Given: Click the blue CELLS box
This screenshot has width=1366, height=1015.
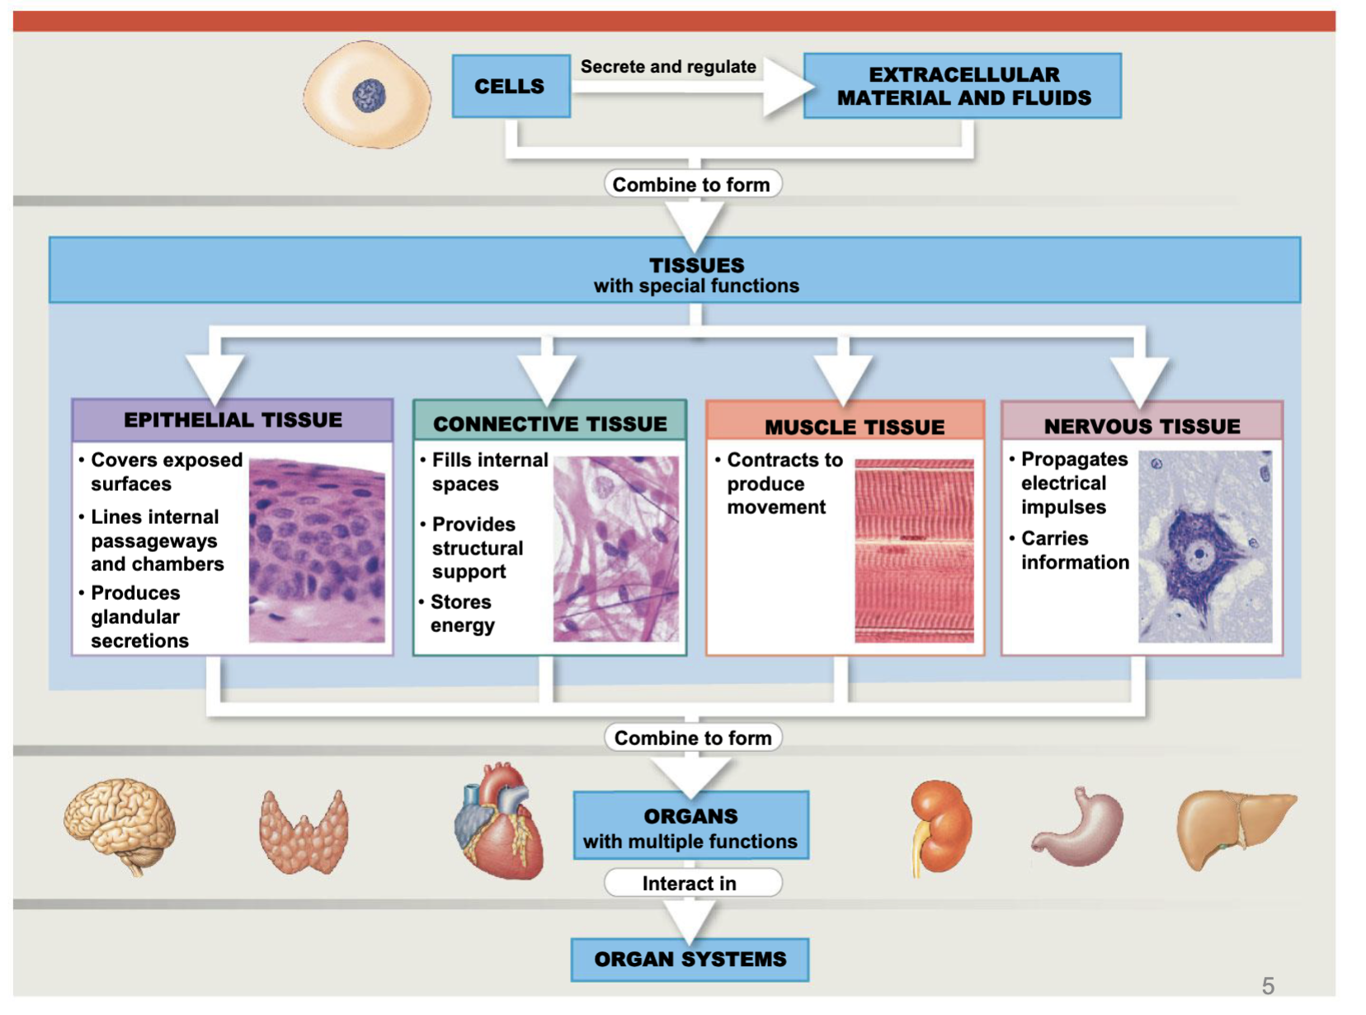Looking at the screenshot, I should (511, 86).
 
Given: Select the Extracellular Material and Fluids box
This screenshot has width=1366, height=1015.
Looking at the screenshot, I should (962, 86).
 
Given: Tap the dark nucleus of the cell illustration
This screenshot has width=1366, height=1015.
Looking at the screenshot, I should (369, 96).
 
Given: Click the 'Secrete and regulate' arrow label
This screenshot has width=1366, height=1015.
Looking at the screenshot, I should (667, 67).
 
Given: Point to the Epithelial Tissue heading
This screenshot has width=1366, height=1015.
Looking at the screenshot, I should (233, 420).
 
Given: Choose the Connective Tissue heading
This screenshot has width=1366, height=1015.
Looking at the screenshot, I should (549, 423).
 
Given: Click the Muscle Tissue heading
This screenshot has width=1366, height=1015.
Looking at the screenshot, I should (854, 427).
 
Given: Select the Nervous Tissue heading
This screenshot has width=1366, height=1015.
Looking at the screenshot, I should (1142, 426).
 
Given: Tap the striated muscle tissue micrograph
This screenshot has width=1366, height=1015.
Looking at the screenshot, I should (914, 550).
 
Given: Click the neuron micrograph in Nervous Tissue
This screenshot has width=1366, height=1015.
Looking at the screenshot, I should (1204, 546).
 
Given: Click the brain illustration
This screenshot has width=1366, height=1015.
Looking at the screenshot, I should (120, 825).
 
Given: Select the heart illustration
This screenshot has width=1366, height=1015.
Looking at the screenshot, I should (500, 821).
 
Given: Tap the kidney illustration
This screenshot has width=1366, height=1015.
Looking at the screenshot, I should (941, 827).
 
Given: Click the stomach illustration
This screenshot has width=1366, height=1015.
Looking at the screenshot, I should (1081, 829).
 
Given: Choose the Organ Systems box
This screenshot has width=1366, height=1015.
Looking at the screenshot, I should (690, 959).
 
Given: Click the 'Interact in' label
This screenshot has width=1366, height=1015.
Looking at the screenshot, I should (690, 883).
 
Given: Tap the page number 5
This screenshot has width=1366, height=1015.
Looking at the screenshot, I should (1267, 985).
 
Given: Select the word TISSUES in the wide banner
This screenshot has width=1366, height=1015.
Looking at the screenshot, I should (696, 265).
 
